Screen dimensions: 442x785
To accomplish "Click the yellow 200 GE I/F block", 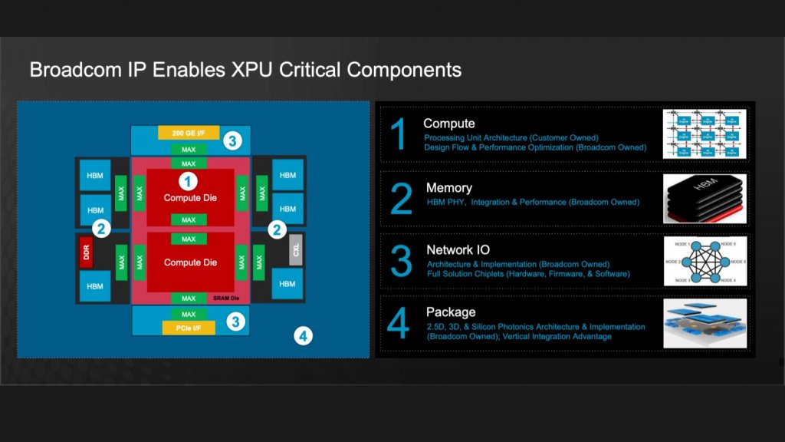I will pyautogui.click(x=188, y=133).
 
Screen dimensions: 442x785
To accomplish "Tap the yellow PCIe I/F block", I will pyautogui.click(x=188, y=328).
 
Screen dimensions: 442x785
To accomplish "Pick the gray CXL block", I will pyautogui.click(x=296, y=252).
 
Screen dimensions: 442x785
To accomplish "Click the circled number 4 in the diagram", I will pyautogui.click(x=304, y=335).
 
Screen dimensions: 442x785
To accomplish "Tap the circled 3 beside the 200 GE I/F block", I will pyautogui.click(x=233, y=140).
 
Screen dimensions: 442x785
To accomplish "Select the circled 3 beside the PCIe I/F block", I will pyautogui.click(x=236, y=322).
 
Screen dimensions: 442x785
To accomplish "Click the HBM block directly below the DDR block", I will pyautogui.click(x=95, y=285).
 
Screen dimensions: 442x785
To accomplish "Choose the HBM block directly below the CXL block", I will pyautogui.click(x=287, y=284).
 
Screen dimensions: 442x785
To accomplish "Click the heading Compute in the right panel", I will pyautogui.click(x=448, y=124).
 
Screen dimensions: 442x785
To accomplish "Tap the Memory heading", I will pyautogui.click(x=448, y=188).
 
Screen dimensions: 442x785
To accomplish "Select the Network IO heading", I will pyautogui.click(x=458, y=250).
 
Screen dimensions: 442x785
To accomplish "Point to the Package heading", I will pyautogui.click(x=451, y=312).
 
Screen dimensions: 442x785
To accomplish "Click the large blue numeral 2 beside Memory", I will pyautogui.click(x=401, y=199).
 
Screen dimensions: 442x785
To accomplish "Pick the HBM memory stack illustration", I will pyautogui.click(x=705, y=198).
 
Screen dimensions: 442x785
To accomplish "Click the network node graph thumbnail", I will pyautogui.click(x=705, y=261).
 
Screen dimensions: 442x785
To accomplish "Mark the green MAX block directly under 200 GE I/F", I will pyautogui.click(x=188, y=149).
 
